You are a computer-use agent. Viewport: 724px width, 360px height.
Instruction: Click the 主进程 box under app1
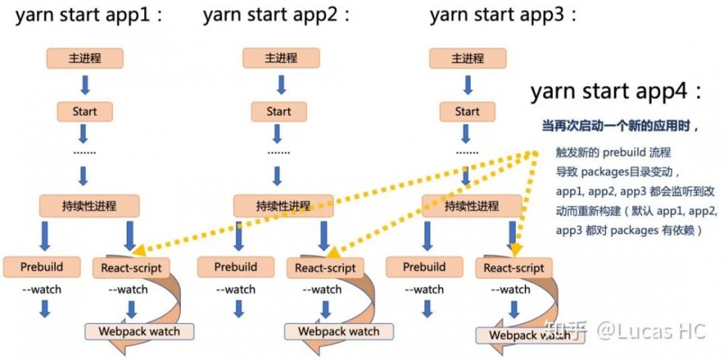click(x=84, y=58)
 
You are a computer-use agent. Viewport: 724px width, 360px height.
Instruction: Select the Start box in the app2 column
click(x=279, y=112)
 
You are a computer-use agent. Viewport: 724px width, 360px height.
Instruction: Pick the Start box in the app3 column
click(x=467, y=112)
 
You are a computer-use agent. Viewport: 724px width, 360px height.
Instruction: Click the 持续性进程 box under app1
click(x=88, y=205)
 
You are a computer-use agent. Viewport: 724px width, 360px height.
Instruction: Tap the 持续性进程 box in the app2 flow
click(x=283, y=205)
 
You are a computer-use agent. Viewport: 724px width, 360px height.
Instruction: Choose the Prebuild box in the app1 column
click(x=41, y=267)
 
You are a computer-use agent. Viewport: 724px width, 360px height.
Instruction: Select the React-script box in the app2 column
click(x=325, y=268)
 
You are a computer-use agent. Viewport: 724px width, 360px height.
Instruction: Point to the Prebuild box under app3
click(x=424, y=267)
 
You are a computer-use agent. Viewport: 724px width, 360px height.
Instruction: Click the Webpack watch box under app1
click(x=140, y=331)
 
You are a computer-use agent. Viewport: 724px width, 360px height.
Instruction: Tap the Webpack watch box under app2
click(x=338, y=331)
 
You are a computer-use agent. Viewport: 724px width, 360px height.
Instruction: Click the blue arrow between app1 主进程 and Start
click(x=85, y=85)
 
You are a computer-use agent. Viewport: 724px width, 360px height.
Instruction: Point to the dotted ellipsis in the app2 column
click(x=279, y=153)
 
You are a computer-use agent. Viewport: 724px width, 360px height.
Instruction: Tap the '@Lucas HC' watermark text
click(x=649, y=331)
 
